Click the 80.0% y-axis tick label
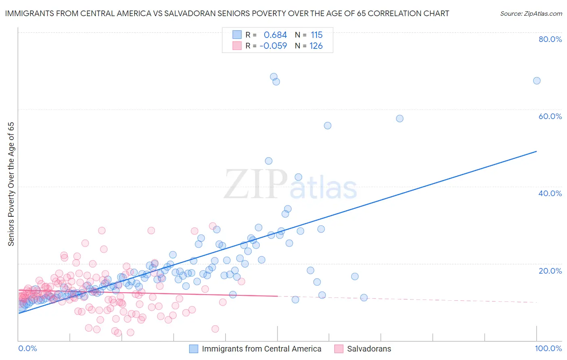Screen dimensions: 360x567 coord(550,39)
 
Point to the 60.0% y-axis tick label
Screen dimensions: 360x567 coord(550,116)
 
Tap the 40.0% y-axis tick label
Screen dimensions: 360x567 coord(550,193)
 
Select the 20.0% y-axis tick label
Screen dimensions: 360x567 coord(550,271)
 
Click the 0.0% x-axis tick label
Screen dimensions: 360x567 coord(27,349)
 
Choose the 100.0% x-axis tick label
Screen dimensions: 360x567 coord(548,349)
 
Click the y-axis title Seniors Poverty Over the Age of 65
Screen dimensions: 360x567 coord(11,184)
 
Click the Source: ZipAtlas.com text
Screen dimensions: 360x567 coord(531,14)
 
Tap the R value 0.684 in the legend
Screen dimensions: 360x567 coord(275,35)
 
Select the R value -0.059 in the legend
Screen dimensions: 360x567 coord(273,46)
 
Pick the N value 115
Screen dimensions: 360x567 coord(317,35)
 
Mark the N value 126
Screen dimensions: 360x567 coord(316,46)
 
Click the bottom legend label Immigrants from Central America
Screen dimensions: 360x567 coord(261,349)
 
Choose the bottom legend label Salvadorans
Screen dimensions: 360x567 coord(369,349)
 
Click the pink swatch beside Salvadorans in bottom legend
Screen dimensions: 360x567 coord(339,349)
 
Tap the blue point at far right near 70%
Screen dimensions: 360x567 coord(537,81)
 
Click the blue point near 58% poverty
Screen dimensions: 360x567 coord(400,119)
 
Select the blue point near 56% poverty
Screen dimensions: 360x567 coord(327,126)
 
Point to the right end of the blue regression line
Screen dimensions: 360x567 coord(536,151)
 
